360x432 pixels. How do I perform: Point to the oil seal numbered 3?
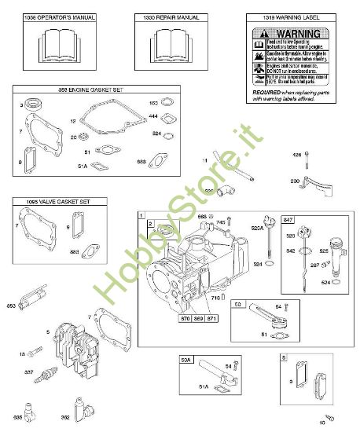pos(33,104)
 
